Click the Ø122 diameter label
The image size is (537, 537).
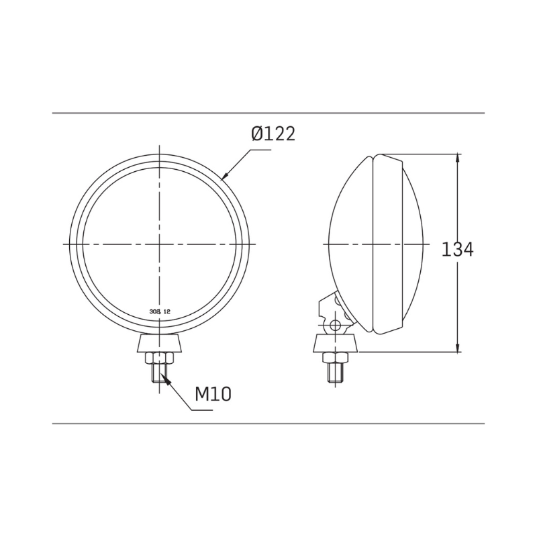(x=273, y=134)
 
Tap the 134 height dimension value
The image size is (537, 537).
(x=458, y=250)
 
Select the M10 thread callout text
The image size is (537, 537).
(x=213, y=394)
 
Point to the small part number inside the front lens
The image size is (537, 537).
(x=158, y=312)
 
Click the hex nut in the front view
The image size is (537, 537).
(x=160, y=358)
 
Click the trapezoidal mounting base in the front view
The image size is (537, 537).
(x=160, y=344)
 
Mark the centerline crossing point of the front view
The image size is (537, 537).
(x=160, y=244)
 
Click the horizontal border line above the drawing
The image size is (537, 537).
(x=268, y=113)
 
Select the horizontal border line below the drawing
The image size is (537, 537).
(x=268, y=424)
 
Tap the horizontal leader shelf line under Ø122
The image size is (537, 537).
(x=258, y=151)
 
